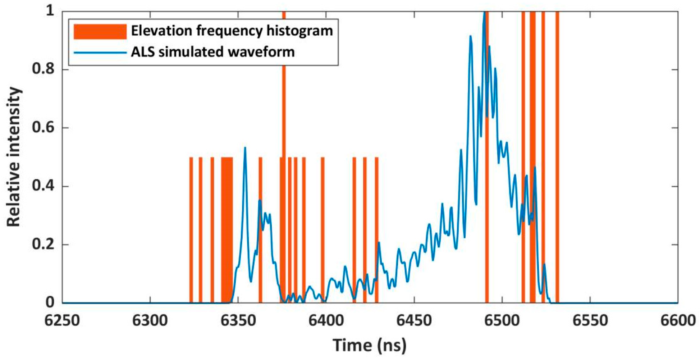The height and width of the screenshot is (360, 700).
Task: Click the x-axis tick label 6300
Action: pyautogui.click(x=150, y=320)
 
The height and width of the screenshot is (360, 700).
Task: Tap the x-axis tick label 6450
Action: pyautogui.click(x=414, y=320)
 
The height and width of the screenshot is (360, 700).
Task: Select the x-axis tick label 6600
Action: pyautogui.click(x=678, y=320)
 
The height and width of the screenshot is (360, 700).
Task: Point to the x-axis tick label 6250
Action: pyautogui.click(x=62, y=320)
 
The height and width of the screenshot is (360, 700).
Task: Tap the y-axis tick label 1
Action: pyautogui.click(x=50, y=11)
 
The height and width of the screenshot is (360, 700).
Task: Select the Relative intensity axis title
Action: pyautogui.click(x=14, y=157)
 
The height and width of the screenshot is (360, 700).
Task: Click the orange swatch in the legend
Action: pyautogui.click(x=100, y=31)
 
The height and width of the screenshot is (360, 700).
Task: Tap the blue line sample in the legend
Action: pyautogui.click(x=100, y=52)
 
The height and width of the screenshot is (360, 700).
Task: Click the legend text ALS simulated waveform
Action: pyautogui.click(x=212, y=52)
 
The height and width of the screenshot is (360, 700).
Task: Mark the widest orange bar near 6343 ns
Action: pyautogui.click(x=227, y=230)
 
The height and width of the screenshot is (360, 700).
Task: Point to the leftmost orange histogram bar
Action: pyautogui.click(x=191, y=230)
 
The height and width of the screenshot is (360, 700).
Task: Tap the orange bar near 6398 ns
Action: pyautogui.click(x=322, y=230)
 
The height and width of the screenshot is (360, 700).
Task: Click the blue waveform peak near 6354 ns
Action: pyautogui.click(x=245, y=148)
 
